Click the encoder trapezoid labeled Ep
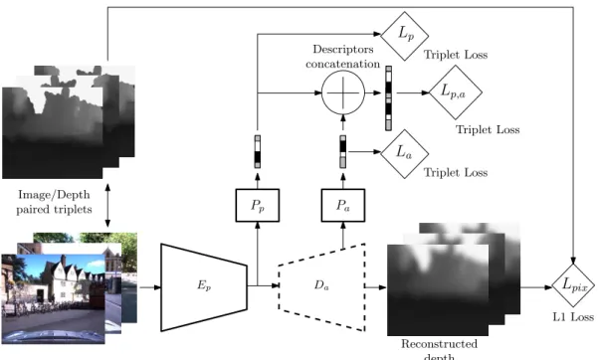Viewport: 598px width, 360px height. coord(204,286)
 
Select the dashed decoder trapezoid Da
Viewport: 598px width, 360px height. coord(321,286)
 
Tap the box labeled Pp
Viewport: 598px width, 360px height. coord(258,205)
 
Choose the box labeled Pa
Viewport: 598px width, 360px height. coord(343,205)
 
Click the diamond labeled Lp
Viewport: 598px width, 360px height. coord(404,36)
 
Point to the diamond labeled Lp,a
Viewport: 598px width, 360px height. coord(455,92)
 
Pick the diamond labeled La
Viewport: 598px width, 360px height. coord(404,154)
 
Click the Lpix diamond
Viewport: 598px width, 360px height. coord(573,285)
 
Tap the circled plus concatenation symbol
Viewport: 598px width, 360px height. coord(343,92)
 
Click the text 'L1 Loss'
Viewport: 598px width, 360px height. coord(573,317)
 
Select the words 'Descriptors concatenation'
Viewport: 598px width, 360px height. coord(343,57)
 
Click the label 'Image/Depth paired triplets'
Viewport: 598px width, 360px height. coord(54,202)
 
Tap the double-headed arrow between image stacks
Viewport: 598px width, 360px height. coord(107,206)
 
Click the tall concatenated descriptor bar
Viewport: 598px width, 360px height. coord(388,98)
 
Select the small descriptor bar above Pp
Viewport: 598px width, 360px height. coord(258,151)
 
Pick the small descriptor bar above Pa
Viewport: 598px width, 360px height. coord(343,151)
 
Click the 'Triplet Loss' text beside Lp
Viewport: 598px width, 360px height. coord(456,55)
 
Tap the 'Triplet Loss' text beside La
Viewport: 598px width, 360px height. coord(456,172)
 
